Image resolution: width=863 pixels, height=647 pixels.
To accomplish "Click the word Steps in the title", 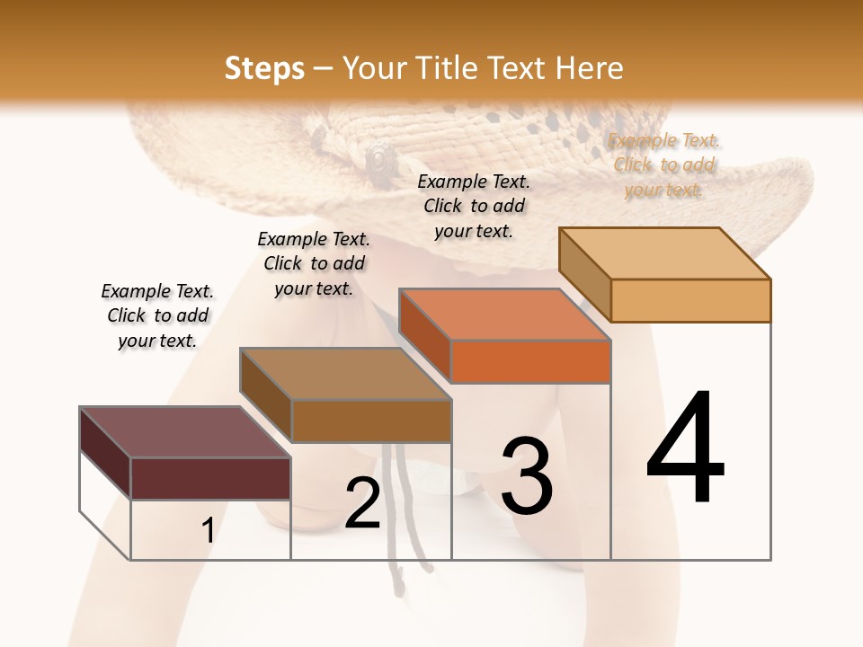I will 264,67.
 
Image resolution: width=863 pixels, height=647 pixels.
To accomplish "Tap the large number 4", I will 685,449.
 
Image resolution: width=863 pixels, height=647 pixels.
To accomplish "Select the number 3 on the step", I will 527,476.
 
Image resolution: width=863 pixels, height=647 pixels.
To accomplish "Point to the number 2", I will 362,503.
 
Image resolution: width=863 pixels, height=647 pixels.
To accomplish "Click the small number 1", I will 208,531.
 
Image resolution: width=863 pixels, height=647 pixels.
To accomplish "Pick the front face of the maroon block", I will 210,478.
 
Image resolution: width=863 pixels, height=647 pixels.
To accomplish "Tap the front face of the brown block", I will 371,421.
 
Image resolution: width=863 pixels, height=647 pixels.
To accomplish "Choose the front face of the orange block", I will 530,361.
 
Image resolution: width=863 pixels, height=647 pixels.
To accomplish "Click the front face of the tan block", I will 690,300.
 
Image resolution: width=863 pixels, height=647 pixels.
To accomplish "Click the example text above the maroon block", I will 157,315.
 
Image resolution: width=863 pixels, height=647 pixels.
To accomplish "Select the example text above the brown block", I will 314,263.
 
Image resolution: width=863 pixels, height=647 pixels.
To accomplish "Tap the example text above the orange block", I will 474,206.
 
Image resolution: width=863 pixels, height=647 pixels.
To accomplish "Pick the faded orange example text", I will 664,164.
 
